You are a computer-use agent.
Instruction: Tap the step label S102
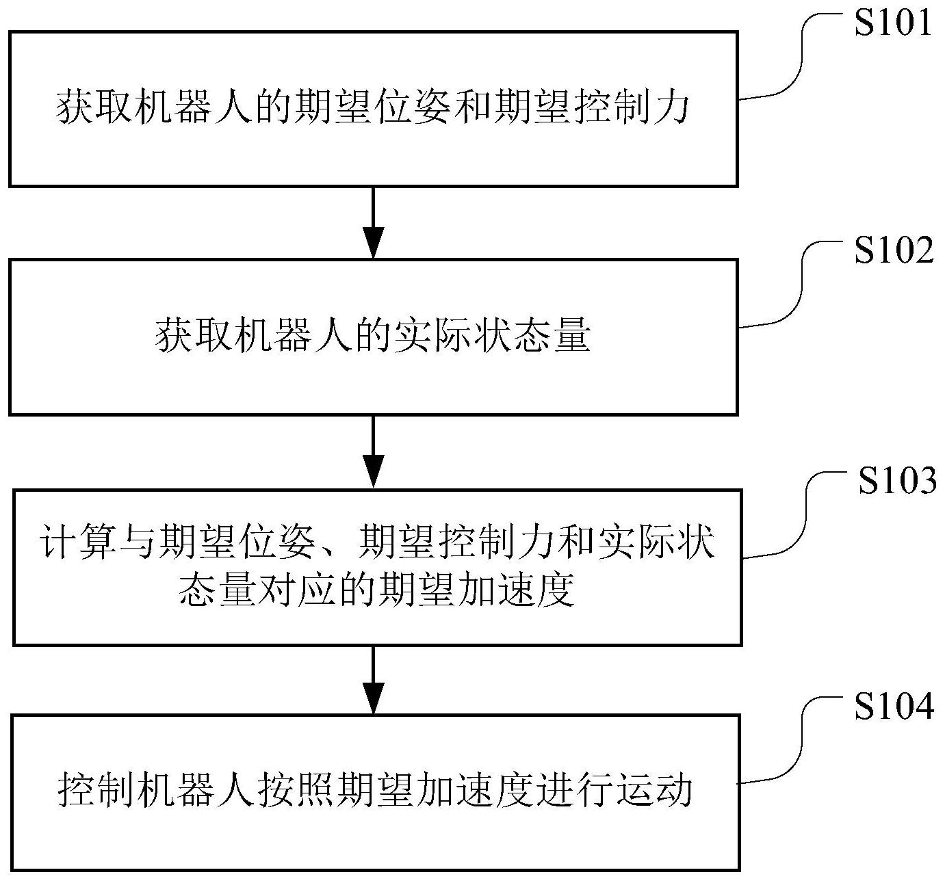pyautogui.click(x=893, y=251)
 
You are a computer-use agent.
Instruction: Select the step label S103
pyautogui.click(x=897, y=481)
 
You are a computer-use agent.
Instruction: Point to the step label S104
pyautogui.click(x=894, y=709)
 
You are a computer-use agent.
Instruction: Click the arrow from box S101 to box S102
pyautogui.click(x=373, y=222)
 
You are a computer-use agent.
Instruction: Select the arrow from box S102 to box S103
pyautogui.click(x=373, y=451)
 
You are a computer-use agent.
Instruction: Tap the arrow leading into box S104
pyautogui.click(x=373, y=679)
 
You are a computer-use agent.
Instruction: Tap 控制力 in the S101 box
pyautogui.click(x=630, y=109)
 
